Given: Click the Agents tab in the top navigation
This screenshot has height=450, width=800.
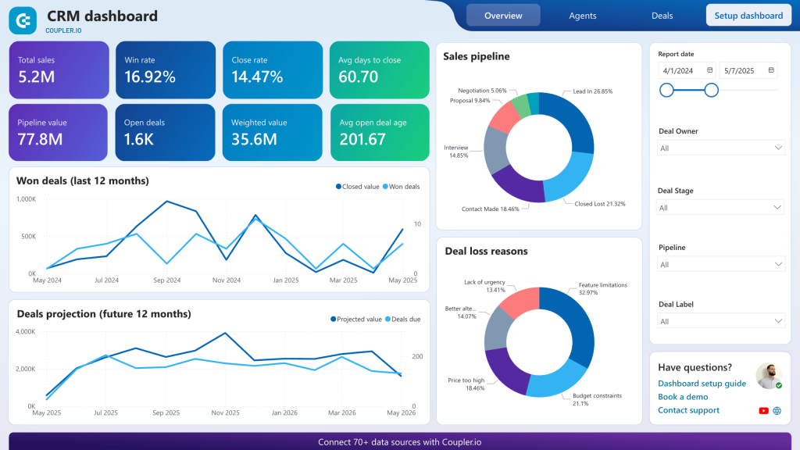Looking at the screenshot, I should (x=582, y=16).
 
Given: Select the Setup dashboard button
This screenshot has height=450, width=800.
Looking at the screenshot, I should (x=748, y=16).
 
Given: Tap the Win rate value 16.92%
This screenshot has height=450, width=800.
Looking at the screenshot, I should (x=150, y=77).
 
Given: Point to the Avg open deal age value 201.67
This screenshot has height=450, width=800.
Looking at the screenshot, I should (x=362, y=139).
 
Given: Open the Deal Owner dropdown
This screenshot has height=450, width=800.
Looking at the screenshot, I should (x=720, y=148).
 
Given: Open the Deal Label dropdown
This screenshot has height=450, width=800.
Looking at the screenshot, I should (x=720, y=321).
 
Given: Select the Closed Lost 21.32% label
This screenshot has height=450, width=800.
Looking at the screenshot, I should (x=600, y=204).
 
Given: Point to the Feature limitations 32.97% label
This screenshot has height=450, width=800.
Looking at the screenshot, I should (x=602, y=289).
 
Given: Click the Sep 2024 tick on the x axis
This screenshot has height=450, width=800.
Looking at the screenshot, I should (x=166, y=280).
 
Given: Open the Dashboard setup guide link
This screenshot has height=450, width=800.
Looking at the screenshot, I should (x=702, y=384).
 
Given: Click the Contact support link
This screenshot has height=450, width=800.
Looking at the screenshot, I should (x=688, y=410).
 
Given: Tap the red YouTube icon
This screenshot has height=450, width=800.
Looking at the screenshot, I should (x=763, y=410).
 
